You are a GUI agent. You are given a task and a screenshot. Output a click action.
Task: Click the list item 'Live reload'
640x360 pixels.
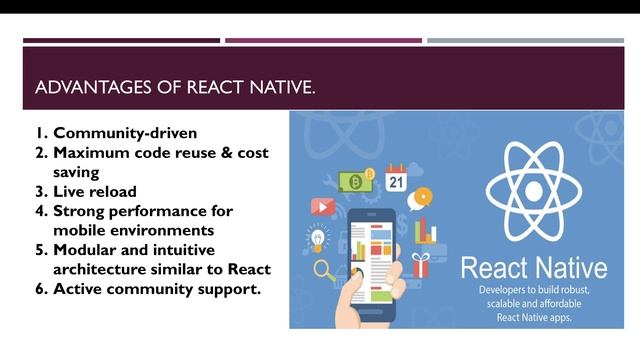95,191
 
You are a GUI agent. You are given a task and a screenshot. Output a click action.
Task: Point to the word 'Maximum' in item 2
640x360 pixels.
92,152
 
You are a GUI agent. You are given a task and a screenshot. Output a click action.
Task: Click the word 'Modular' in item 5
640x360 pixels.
88,250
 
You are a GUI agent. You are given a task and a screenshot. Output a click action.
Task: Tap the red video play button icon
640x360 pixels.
322,207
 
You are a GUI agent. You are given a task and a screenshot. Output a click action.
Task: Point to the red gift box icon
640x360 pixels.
420,265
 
